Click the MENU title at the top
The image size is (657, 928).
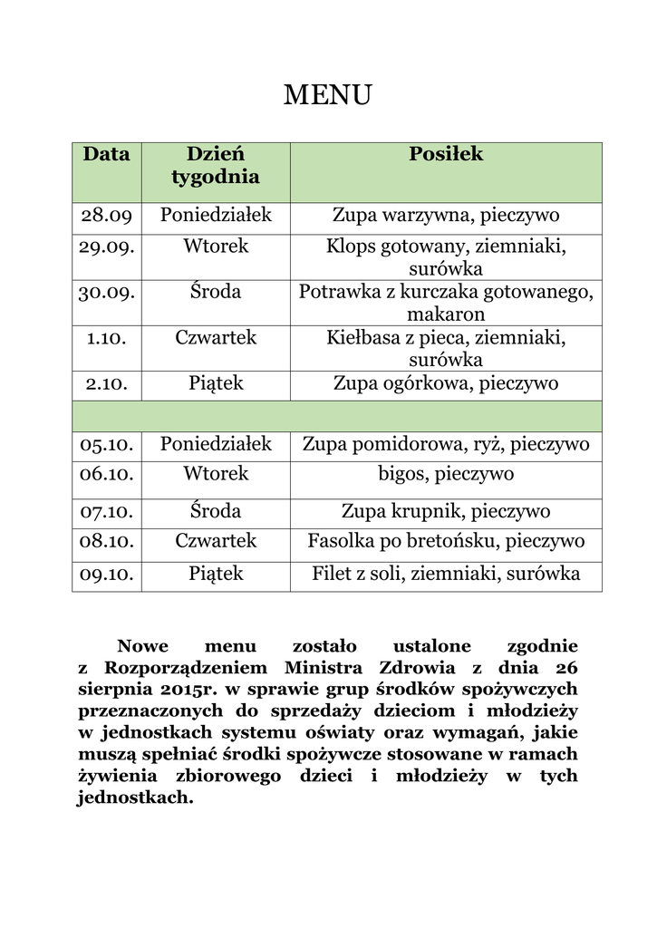point(328,95)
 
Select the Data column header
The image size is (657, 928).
point(107,155)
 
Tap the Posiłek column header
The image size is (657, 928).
point(446,155)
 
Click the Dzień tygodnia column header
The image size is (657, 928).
point(216,166)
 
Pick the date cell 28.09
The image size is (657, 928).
point(107,216)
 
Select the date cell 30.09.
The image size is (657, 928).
point(107,292)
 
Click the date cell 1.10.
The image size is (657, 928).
point(107,338)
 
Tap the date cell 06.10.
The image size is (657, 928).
point(107,474)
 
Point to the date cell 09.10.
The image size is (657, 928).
point(107,574)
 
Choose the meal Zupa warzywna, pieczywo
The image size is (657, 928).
point(446,216)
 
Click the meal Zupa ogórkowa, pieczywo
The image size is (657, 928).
point(446,383)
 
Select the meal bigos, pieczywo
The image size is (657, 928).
point(446,474)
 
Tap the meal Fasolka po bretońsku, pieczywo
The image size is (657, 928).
point(446,541)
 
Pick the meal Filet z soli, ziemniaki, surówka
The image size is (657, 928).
point(446,574)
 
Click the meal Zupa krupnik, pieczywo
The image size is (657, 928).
point(446,511)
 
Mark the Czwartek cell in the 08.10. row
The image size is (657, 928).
point(216,541)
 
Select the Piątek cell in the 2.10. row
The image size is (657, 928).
point(216,383)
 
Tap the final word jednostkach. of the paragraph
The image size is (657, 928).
point(136,798)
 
